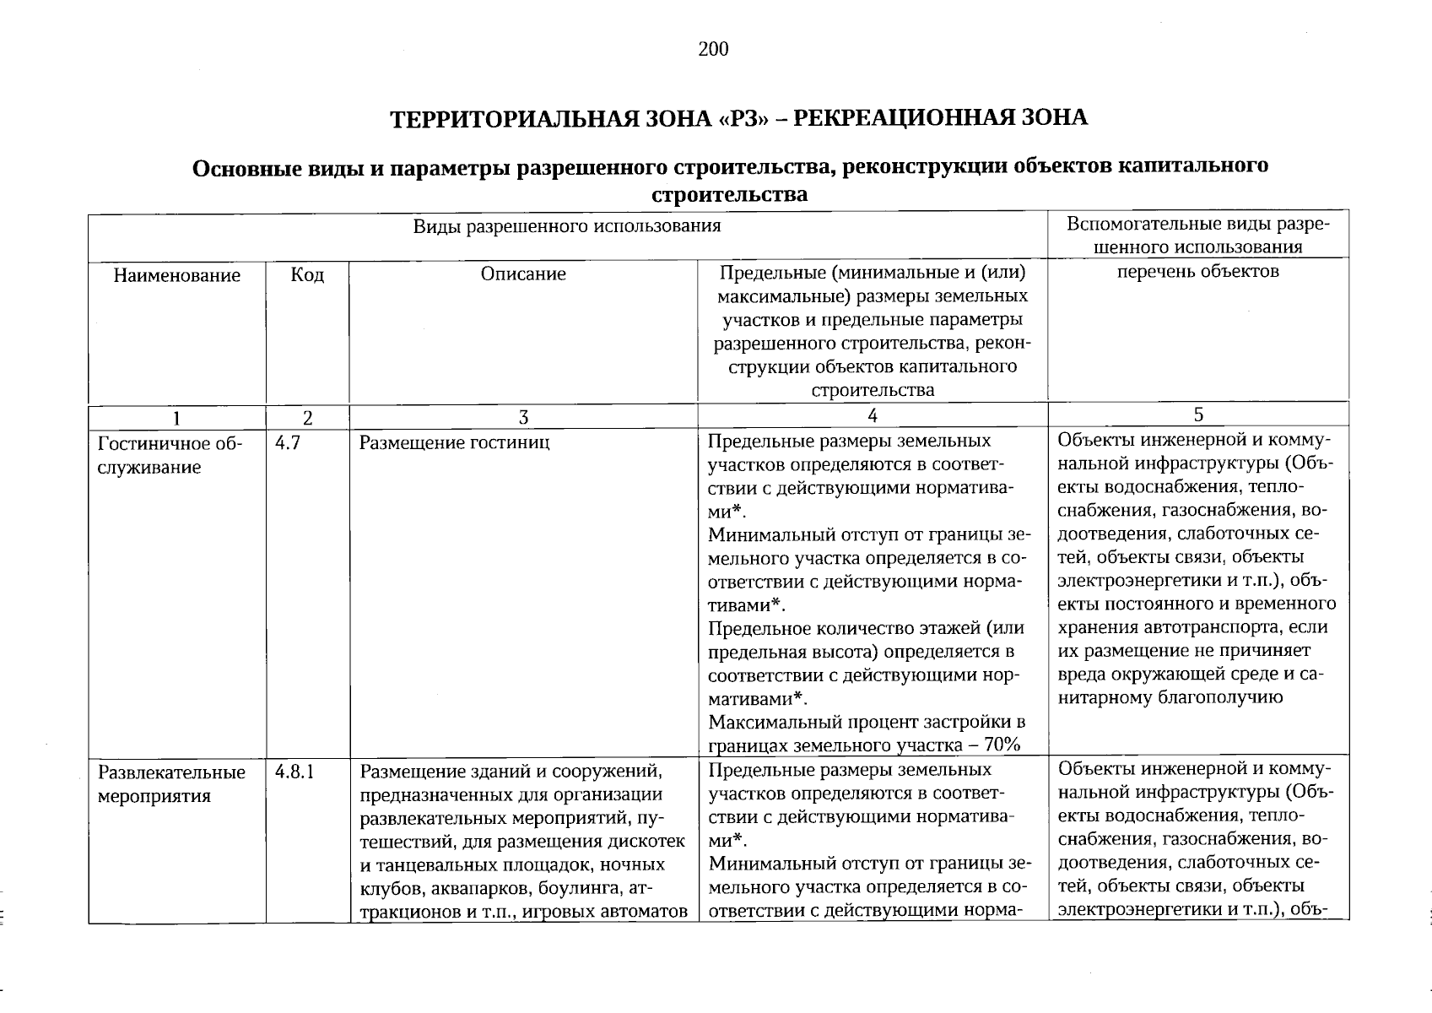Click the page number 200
click(713, 49)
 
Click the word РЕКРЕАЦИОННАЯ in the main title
click(903, 117)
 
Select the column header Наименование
click(177, 275)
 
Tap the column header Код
click(307, 275)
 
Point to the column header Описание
click(523, 274)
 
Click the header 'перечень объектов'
click(1197, 271)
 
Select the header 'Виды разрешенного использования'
click(567, 225)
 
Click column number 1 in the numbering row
click(177, 417)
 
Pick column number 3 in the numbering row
click(523, 417)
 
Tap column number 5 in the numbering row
click(1198, 414)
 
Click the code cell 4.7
click(288, 442)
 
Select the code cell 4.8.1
click(295, 772)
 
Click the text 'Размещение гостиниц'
click(454, 442)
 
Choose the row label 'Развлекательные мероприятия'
click(171, 783)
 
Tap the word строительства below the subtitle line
click(730, 195)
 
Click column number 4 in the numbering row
click(873, 414)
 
